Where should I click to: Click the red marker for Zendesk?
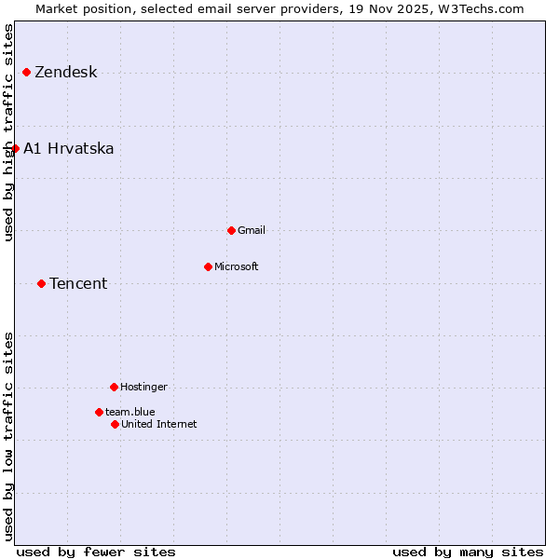[26, 72]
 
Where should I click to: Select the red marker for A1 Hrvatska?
[15, 148]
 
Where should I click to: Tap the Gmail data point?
[231, 230]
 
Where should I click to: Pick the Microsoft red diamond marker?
[208, 266]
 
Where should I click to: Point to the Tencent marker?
[41, 283]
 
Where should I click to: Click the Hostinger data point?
[114, 387]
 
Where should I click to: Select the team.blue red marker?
[99, 412]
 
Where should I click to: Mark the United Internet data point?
[115, 424]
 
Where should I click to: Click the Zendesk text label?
[66, 73]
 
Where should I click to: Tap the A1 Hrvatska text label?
[69, 149]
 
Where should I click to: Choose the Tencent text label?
[78, 284]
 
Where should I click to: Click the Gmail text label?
[252, 231]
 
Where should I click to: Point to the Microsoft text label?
[237, 267]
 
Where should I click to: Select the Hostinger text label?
[143, 388]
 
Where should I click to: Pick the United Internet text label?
[159, 425]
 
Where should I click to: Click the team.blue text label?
[130, 412]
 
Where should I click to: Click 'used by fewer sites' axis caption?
[96, 552]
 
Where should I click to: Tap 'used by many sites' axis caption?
[468, 552]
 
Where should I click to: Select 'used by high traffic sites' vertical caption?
[9, 132]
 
